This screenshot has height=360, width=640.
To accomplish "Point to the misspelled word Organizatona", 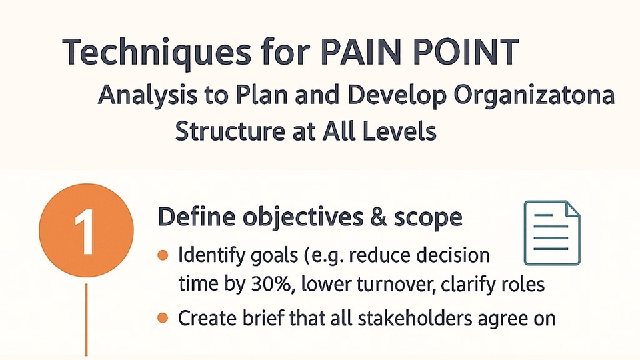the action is pos(534,95).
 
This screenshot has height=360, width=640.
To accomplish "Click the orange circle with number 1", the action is pos(87,230).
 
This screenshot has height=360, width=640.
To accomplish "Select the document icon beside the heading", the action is pos(552,233).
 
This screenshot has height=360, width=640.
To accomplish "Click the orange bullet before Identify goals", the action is pos(163,256).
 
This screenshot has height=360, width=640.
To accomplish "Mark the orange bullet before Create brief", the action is pos(163,318).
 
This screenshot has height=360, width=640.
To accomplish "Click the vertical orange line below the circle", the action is pos(87,319).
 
